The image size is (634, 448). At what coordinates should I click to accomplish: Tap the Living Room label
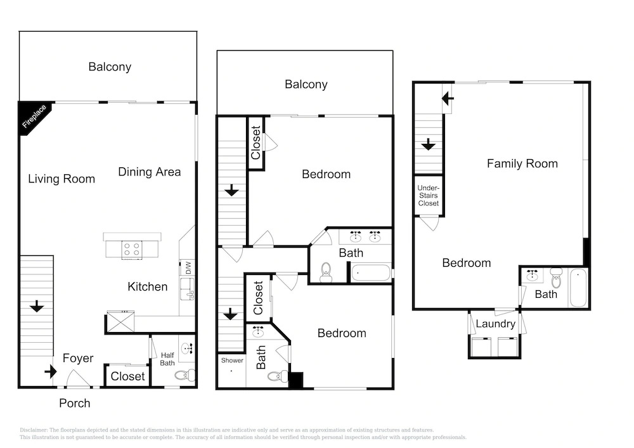61,179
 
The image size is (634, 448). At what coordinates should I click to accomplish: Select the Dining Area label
149,172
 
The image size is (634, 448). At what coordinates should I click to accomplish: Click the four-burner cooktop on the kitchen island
132,249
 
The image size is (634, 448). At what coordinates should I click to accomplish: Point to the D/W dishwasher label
188,268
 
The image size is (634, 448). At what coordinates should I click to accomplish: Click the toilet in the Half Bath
185,375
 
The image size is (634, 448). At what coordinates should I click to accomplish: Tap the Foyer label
78,358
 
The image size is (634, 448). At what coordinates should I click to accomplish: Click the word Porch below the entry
75,403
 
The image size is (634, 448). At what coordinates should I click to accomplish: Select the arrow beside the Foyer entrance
51,371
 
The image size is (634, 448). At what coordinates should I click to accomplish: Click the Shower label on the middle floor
232,361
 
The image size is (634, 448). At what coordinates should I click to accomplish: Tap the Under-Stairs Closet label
428,196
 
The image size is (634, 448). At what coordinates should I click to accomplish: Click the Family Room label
522,163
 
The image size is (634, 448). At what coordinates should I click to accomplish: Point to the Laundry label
496,324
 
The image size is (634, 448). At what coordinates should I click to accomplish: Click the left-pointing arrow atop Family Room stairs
448,98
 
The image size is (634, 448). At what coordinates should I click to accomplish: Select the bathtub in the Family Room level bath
578,288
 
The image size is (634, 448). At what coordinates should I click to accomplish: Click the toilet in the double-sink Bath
326,272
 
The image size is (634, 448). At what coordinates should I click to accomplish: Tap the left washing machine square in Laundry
482,347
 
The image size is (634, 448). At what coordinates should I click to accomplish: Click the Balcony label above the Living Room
110,67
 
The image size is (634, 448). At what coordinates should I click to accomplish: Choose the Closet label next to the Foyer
128,376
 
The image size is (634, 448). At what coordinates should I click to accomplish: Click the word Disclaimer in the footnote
34,430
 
